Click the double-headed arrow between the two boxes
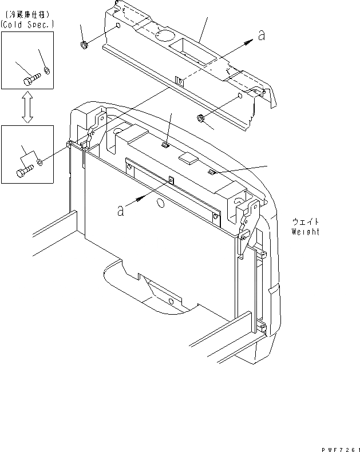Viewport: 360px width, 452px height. [26, 107]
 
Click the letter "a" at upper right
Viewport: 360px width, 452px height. [262, 35]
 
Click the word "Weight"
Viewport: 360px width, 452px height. [305, 232]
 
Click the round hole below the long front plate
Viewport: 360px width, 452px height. [160, 204]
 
